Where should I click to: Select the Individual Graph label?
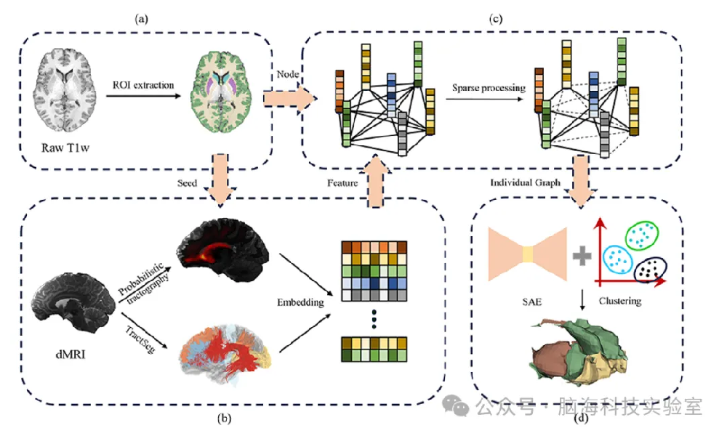pyautogui.click(x=524, y=184)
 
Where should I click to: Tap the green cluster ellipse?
pyautogui.click(x=640, y=233)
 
